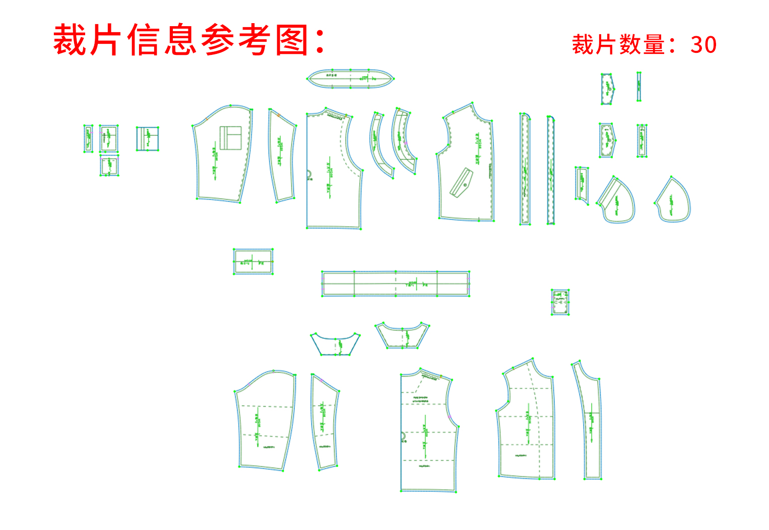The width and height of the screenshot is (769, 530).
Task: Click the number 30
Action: pos(703,45)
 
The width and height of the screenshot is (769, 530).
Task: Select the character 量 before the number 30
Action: pos(655,45)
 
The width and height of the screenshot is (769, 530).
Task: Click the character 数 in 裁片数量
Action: pos(630,45)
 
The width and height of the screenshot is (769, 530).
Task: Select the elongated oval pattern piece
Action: pos(350,79)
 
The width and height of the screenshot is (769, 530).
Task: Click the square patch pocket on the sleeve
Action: pos(230,137)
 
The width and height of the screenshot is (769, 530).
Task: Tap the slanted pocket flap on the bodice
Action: pos(462,182)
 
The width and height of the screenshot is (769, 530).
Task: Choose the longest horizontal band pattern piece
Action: pos(396,284)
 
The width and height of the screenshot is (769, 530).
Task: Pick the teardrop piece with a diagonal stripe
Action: pos(617,200)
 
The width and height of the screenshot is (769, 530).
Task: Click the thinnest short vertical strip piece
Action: pos(638,87)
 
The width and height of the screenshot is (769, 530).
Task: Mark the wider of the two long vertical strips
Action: pos(525,169)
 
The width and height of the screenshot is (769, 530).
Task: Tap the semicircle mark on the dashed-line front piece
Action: pos(403,437)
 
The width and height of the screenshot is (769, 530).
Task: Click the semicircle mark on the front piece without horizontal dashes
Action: pos(309,175)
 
